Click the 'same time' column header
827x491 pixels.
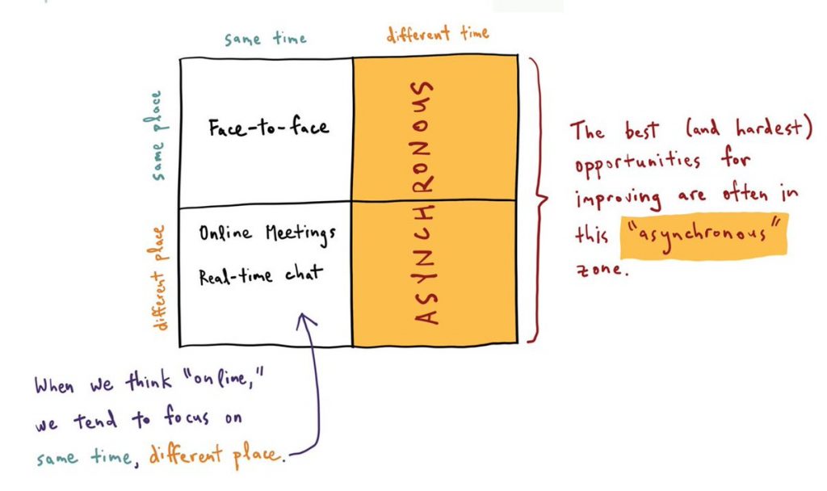pos(265,39)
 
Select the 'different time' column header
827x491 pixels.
pos(438,35)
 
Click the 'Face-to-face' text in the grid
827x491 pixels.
pos(268,128)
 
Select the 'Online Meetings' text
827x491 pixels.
pos(267,234)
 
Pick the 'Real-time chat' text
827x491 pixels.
pos(261,275)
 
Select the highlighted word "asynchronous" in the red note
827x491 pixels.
pos(703,236)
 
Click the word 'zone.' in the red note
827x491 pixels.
pos(602,269)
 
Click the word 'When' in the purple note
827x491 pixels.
pos(55,385)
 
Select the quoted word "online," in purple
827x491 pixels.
pos(221,378)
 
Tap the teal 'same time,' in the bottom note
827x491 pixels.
pos(87,457)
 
